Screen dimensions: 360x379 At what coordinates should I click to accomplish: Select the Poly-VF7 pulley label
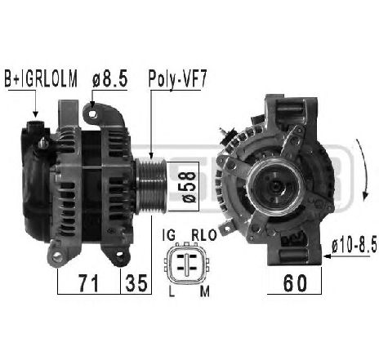click(x=176, y=79)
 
